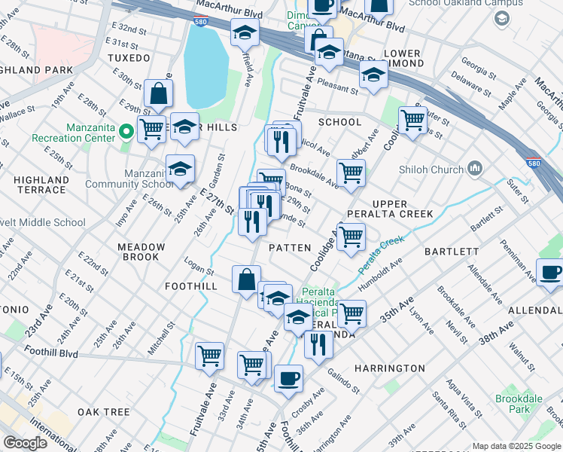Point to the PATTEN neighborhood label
(290, 247)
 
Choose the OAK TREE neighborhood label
(103, 412)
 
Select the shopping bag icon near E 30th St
(159, 94)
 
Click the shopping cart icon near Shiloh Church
(412, 119)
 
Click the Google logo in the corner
(25, 443)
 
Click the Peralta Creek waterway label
(380, 256)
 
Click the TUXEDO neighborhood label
(129, 57)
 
